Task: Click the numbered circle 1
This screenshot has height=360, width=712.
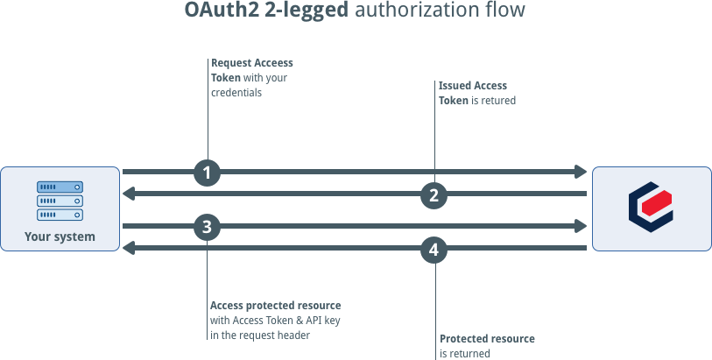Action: (x=207, y=173)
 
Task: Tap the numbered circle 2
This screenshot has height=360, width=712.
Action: (x=434, y=195)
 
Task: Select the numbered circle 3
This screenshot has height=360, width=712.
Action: (x=207, y=227)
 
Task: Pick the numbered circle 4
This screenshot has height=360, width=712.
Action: (x=434, y=250)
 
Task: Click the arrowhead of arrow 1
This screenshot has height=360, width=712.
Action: (x=581, y=172)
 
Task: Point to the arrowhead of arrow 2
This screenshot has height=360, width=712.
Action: (x=129, y=194)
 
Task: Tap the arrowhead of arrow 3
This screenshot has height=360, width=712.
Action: (x=581, y=226)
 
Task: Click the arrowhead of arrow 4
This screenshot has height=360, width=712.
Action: (x=129, y=248)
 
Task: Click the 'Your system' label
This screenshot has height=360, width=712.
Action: (x=60, y=236)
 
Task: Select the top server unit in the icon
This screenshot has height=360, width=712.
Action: (x=60, y=187)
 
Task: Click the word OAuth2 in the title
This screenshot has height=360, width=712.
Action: (x=222, y=10)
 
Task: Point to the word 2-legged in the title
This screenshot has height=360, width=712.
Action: (x=307, y=11)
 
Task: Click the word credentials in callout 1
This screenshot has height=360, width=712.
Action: (x=236, y=93)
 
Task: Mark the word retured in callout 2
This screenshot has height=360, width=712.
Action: (x=498, y=101)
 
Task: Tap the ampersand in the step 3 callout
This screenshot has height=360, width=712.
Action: (x=300, y=321)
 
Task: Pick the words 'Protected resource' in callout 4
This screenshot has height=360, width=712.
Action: (x=487, y=339)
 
